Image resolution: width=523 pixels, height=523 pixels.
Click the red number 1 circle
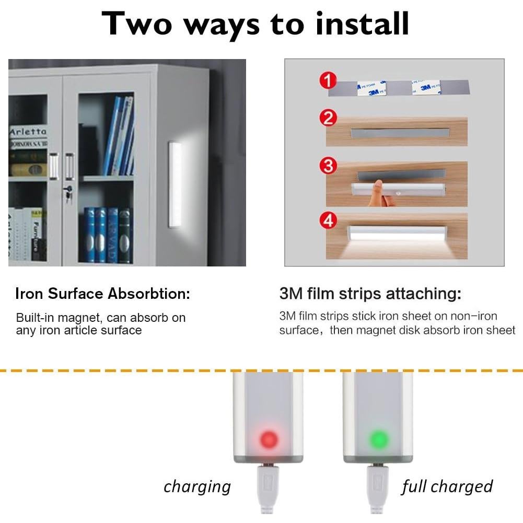tap(328, 81)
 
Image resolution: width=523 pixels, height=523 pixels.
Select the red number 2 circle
tap(328, 118)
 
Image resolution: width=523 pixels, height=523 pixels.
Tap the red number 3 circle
tap(328, 166)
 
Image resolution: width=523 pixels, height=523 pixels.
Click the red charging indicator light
tap(269, 438)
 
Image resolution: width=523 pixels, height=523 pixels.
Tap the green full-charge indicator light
tap(378, 438)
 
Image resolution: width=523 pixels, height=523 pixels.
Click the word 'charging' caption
tap(197, 487)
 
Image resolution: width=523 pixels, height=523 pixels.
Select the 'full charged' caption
tap(447, 487)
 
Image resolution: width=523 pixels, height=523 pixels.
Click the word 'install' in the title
tap(347, 23)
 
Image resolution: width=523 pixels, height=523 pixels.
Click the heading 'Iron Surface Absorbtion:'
tap(102, 294)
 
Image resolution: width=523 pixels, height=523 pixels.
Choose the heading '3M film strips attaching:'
tap(370, 294)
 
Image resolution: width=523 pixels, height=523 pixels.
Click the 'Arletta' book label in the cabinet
tap(28, 132)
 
